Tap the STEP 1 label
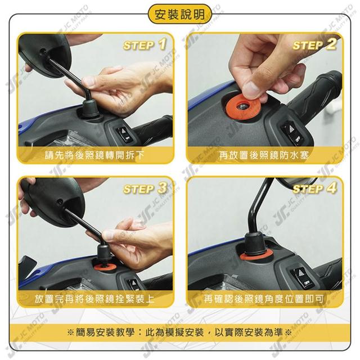coord(145,45)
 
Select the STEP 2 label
coord(314,45)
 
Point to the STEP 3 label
coord(145,189)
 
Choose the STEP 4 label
coord(314,189)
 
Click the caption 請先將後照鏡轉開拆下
coord(94,155)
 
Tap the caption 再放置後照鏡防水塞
coord(264,155)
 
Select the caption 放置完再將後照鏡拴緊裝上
coord(94,299)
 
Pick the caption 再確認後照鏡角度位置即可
coord(264,299)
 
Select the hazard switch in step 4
coord(302,278)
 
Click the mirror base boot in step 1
coord(91,109)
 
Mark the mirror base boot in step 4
coord(255,244)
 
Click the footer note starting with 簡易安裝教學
coord(179,332)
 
